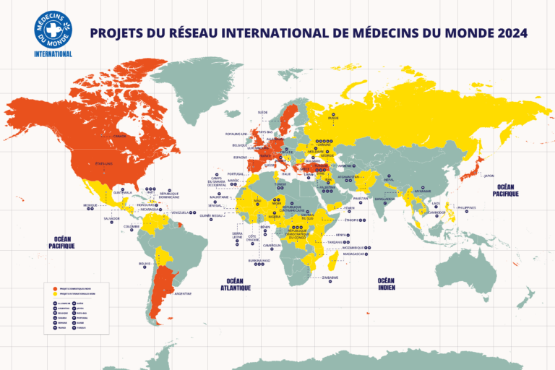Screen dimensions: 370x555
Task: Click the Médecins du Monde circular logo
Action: tap(53, 27)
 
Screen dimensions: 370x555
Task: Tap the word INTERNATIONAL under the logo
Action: tap(53, 54)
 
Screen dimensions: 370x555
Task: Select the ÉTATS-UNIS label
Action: tap(105, 163)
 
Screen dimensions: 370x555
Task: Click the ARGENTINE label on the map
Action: tap(182, 293)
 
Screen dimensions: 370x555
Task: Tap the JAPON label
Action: tap(489, 176)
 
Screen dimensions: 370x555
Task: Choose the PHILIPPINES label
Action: tap(467, 207)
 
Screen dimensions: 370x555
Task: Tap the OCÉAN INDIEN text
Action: tap(386, 284)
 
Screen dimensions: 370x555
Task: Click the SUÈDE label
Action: tap(263, 113)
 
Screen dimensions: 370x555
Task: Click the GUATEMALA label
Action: tap(124, 192)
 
